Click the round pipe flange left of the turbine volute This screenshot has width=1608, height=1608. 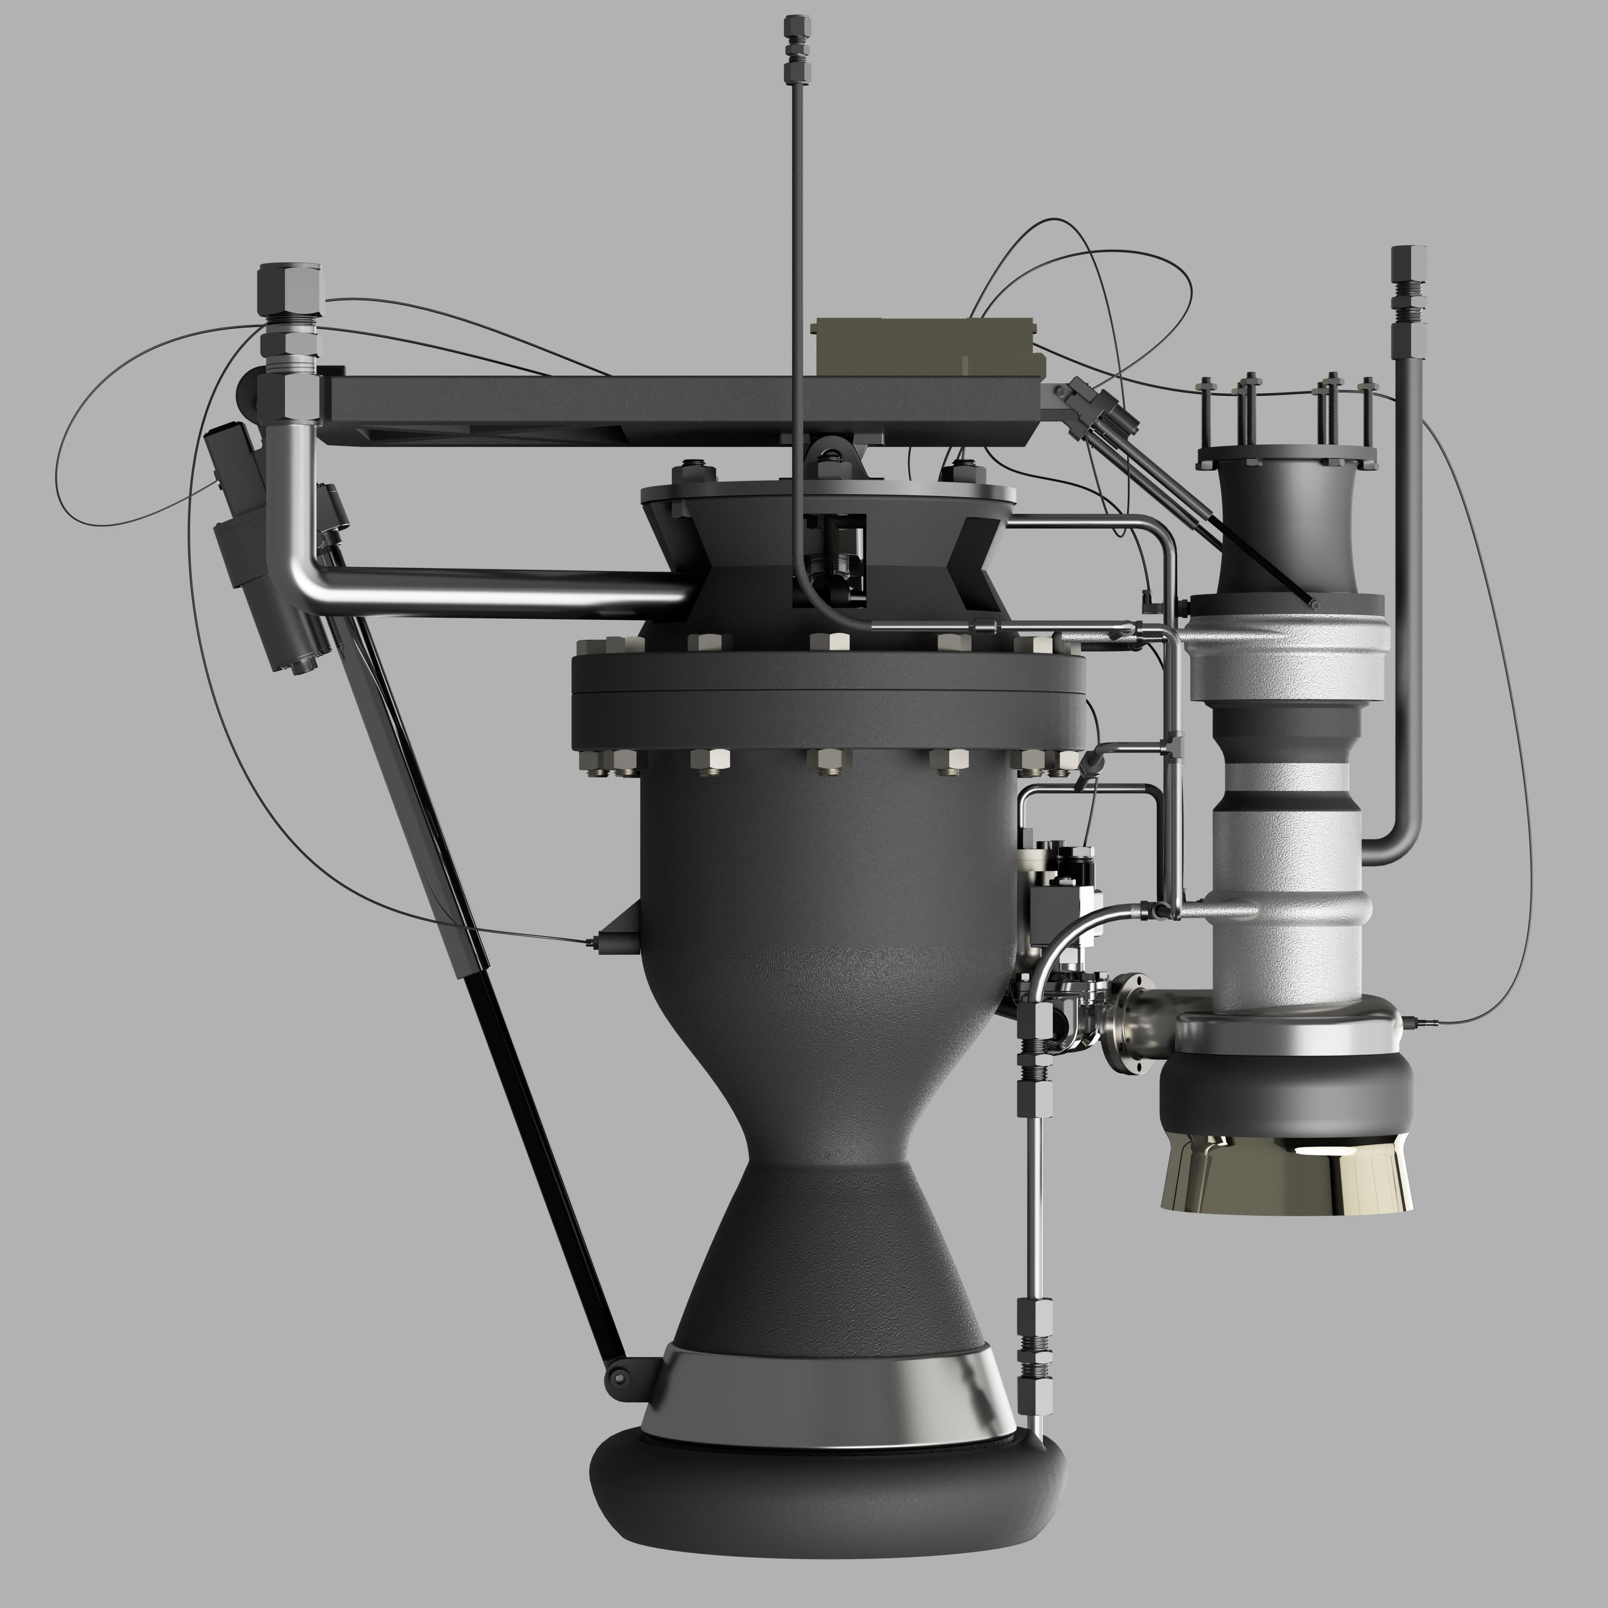pos(1130,1024)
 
